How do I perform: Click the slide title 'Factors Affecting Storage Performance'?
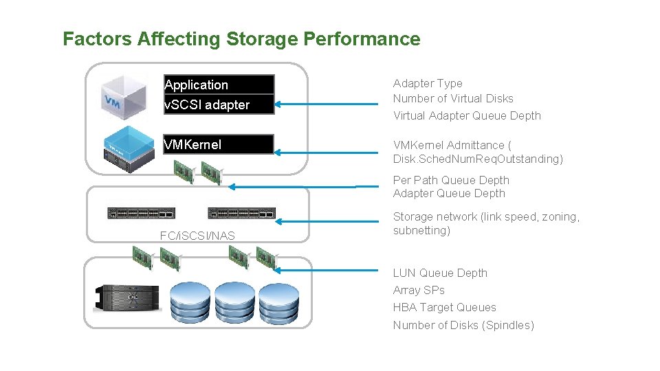[241, 39]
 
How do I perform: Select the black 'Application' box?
[219, 85]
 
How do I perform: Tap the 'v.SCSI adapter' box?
[219, 104]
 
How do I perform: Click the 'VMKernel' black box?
[219, 144]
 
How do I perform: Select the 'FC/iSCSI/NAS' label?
[197, 236]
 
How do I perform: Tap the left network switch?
[141, 213]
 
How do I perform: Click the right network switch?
[241, 213]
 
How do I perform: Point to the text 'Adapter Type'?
[428, 83]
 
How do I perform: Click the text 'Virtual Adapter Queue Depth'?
[467, 115]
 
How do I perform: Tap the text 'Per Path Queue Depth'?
[451, 180]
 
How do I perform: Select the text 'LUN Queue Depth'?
[440, 273]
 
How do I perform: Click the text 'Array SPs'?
[419, 290]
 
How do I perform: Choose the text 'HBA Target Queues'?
[444, 307]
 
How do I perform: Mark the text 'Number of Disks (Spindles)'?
[463, 325]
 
